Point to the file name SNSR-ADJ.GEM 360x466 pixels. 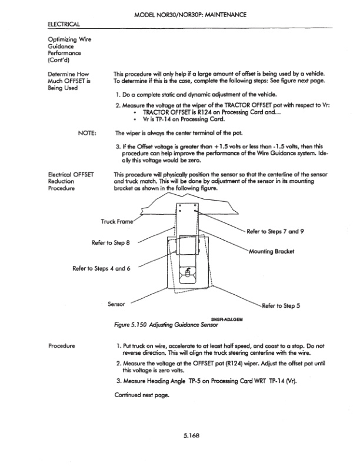click(226, 319)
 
